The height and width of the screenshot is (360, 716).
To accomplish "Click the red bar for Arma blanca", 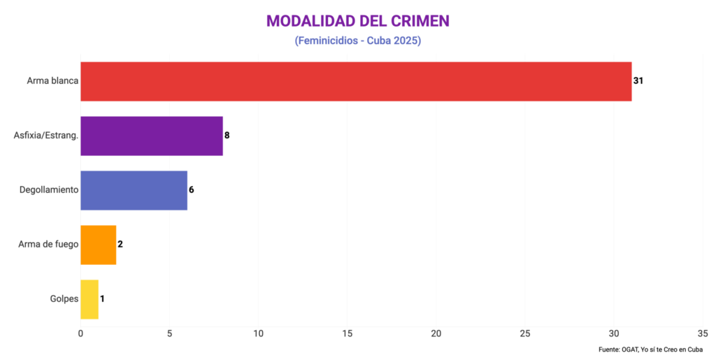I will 356,81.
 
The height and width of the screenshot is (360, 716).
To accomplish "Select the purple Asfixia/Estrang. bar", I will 152,136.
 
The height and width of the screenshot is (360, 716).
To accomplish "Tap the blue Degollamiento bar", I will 134,190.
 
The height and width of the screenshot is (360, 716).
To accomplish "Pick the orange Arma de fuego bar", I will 98,245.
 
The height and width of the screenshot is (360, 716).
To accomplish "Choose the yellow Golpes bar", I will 89,299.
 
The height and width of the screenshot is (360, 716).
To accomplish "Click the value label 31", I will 638,81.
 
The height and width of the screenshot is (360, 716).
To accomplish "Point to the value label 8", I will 227,136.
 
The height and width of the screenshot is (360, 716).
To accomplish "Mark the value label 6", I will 192,190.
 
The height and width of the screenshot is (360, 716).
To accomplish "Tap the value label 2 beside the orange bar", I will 120,245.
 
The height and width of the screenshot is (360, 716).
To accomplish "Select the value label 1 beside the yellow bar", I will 102,299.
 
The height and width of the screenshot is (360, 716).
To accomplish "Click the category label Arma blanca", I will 52,81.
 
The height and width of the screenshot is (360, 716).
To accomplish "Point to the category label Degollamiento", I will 48,190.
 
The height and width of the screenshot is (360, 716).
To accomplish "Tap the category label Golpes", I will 64,299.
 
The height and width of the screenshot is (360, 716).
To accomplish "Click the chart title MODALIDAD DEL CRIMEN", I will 357,21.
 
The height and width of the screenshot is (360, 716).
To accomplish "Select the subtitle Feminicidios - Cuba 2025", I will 357,41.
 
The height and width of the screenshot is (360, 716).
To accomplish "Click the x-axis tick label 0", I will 80,333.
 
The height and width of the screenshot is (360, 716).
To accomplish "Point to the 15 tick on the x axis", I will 348,333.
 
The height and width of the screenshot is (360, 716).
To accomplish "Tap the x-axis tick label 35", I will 703,333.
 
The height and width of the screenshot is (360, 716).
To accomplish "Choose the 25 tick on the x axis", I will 525,333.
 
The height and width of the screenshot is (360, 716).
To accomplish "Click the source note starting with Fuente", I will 651,350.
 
